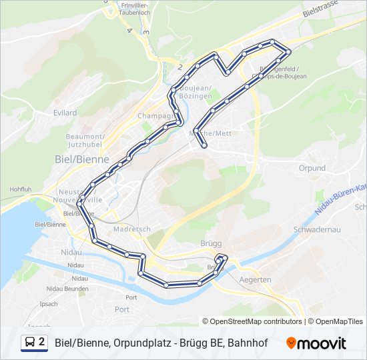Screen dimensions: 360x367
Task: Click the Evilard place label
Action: (65, 113)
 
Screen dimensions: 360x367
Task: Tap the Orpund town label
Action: (312, 168)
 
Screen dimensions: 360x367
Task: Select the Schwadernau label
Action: (317, 229)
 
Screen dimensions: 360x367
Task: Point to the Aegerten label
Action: (255, 280)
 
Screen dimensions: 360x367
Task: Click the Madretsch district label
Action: (129, 228)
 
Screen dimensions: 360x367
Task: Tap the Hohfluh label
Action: (21, 189)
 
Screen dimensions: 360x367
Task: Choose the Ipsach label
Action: (49, 303)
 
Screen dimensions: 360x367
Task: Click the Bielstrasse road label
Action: (320, 13)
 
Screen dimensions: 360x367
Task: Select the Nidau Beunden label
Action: (67, 288)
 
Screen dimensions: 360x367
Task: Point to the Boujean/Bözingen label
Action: (198, 93)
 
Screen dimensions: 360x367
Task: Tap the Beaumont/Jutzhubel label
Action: (84, 140)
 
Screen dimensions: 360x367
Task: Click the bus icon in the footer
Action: (30, 343)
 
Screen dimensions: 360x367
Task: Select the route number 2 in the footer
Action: (42, 342)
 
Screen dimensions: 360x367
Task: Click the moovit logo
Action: (316, 343)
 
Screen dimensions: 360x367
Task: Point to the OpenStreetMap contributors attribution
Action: (256, 321)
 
